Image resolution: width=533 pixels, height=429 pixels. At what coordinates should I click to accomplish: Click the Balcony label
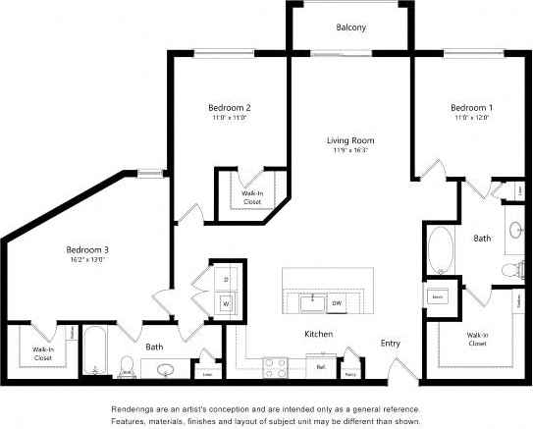click(350, 27)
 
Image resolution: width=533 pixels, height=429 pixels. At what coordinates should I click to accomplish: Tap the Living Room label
click(349, 140)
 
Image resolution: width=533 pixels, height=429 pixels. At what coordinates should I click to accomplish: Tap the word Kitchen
click(317, 335)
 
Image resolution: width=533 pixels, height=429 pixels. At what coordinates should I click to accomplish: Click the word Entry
click(391, 344)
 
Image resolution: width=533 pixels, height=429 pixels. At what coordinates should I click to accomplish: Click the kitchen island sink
click(313, 298)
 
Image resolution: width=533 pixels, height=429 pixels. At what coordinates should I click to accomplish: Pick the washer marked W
click(225, 303)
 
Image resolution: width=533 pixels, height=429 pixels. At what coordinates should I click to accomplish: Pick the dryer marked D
click(225, 280)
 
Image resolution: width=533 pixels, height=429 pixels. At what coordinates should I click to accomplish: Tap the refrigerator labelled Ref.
click(320, 368)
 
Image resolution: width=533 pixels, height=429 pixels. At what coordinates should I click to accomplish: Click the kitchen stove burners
click(276, 367)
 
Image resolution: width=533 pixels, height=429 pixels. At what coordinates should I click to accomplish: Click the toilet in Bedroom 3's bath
click(124, 367)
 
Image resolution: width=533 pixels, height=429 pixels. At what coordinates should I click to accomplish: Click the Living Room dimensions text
click(349, 152)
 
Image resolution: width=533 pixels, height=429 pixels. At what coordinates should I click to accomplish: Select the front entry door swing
click(400, 374)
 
